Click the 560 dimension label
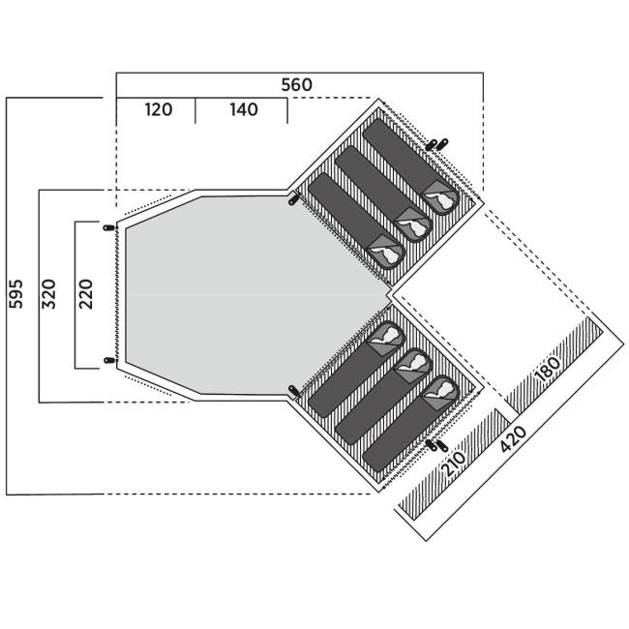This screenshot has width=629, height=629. pos(296,85)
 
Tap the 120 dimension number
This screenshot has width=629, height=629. pos(159,109)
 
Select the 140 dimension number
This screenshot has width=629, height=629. pos(244,109)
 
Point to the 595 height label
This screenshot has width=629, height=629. pos(15,294)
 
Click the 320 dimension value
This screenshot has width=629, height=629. pos(48,294)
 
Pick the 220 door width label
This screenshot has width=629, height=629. pos(85,294)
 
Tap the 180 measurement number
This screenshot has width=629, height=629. pos(548,369)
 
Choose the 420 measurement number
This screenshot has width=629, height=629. pos(513,438)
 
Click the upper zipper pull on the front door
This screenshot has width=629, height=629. pos(109,227)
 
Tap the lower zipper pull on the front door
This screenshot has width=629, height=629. pos(109,360)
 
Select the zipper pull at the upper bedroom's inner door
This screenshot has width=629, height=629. pos(294,198)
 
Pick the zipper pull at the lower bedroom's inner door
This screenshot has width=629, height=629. pos(294,391)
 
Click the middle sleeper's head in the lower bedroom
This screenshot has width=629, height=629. pos(415,362)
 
